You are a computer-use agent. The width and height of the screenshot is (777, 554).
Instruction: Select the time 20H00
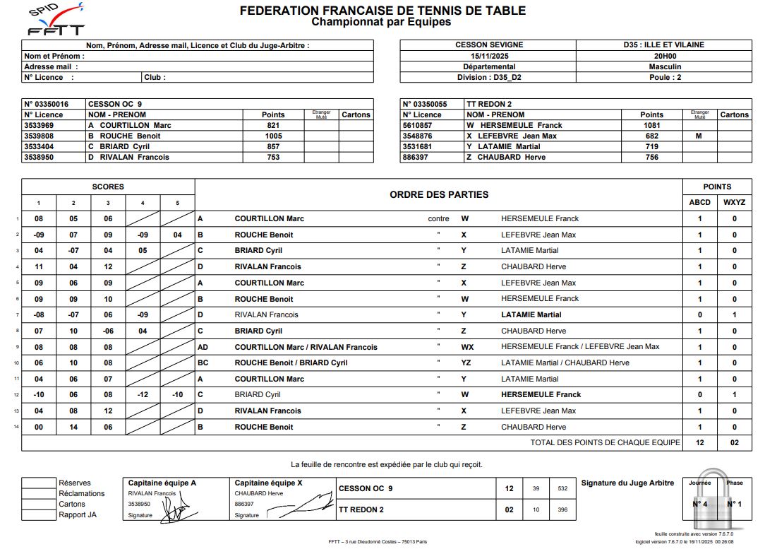[664, 56]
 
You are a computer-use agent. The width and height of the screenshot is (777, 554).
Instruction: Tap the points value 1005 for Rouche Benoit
[273, 136]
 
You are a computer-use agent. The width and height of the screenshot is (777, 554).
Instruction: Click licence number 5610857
[421, 125]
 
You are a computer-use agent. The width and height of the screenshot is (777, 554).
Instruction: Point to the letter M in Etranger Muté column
[698, 136]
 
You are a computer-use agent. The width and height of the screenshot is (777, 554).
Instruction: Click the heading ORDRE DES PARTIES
[438, 194]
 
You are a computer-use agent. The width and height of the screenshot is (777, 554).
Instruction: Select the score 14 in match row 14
[73, 427]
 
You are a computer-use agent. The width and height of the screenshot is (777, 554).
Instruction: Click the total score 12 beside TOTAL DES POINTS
[699, 442]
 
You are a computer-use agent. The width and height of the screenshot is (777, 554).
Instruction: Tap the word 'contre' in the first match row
[438, 218]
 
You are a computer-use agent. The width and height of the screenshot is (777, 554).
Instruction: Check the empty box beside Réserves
[38, 483]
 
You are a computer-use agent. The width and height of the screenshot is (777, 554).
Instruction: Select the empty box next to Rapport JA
[38, 515]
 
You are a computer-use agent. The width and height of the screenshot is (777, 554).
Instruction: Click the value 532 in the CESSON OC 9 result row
[562, 488]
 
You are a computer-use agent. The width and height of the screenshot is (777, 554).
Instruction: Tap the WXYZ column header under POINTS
[734, 202]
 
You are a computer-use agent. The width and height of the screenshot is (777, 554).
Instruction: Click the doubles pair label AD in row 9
[203, 347]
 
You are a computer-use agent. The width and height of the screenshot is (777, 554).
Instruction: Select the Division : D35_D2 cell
[488, 77]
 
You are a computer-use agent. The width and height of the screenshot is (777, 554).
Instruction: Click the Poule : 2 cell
[665, 77]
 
